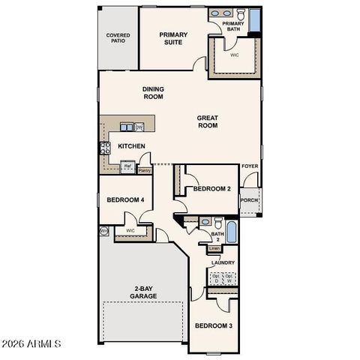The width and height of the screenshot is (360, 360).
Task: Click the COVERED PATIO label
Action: (x=117, y=37)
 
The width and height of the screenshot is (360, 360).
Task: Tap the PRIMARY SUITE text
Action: (x=174, y=37)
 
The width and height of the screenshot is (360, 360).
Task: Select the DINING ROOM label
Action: (x=154, y=93)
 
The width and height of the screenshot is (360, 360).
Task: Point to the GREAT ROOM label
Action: (x=208, y=121)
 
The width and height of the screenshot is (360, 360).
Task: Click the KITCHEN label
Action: (x=131, y=145)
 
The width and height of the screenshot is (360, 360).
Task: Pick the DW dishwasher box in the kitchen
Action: (x=139, y=127)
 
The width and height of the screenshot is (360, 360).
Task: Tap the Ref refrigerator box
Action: (x=127, y=166)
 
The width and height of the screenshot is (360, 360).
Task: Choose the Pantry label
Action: (x=144, y=171)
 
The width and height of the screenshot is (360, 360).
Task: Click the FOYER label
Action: (x=249, y=166)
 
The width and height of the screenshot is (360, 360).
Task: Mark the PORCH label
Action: (x=249, y=200)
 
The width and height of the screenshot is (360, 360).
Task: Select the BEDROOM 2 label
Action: (x=211, y=189)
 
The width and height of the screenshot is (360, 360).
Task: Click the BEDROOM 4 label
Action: (x=125, y=199)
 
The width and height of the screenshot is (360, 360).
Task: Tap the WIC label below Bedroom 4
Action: (x=130, y=230)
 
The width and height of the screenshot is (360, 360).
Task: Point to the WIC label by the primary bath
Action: (x=234, y=55)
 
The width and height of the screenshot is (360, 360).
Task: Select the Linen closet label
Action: (x=214, y=247)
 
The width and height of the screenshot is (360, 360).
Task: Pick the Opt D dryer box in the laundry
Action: (x=216, y=278)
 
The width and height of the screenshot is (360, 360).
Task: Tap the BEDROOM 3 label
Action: (x=214, y=325)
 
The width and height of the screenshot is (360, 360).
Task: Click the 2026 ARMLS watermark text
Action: (x=31, y=344)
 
